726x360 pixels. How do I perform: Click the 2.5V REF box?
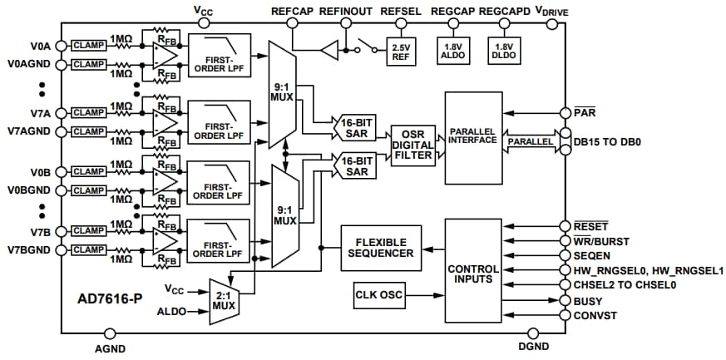[401, 51]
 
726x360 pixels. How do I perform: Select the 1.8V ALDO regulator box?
[452, 51]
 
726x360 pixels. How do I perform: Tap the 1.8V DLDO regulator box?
[504, 51]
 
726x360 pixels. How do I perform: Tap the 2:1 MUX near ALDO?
[222, 301]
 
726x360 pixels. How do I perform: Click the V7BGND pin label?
[30, 250]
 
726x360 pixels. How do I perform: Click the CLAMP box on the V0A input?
[88, 45]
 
